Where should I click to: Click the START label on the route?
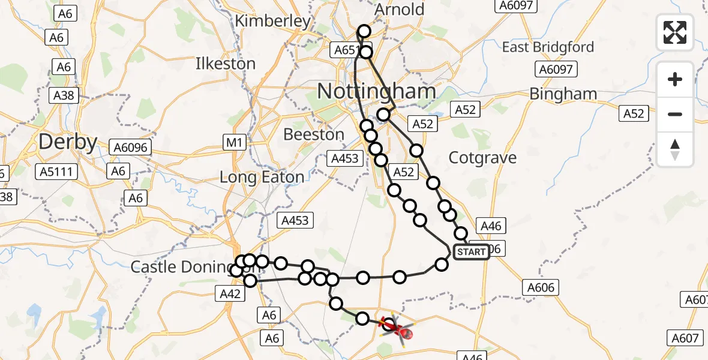[x=471, y=252]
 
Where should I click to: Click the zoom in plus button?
[x=675, y=79]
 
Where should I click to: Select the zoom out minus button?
[x=675, y=114]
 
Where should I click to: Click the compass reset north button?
[x=675, y=149]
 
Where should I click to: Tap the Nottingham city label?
[x=376, y=92]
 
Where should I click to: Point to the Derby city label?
[x=68, y=142]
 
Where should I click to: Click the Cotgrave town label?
[x=482, y=158]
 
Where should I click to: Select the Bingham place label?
[x=563, y=94]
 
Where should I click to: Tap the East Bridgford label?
[x=548, y=47]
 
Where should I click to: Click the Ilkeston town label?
[x=226, y=64]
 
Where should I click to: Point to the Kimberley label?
[x=273, y=22]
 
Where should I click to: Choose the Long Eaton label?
[x=262, y=178]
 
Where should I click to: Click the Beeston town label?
[x=314, y=134]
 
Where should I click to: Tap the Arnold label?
[x=399, y=10]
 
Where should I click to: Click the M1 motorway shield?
[x=234, y=143]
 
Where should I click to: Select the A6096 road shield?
[x=132, y=147]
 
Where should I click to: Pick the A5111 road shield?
[x=56, y=172]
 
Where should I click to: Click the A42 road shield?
[x=230, y=293]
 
